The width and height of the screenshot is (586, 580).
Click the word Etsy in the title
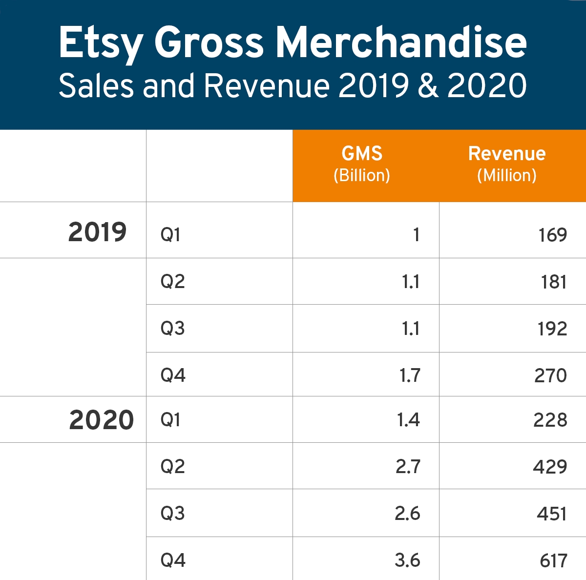point(100,43)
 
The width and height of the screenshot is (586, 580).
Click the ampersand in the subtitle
point(428,86)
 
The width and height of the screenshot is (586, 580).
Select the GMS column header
point(362,154)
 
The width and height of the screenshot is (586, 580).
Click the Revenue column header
point(507,154)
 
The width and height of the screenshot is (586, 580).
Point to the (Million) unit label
point(507,175)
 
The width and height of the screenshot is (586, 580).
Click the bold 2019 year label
point(97,232)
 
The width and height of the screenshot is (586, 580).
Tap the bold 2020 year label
point(101,420)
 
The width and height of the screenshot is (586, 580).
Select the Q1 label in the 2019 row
point(170,235)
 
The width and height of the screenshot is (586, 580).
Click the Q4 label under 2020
point(173,560)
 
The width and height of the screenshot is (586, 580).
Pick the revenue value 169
point(552,235)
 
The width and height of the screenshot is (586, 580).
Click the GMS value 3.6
point(407,560)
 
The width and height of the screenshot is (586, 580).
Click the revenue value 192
point(552,329)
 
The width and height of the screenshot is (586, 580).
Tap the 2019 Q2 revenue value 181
point(554,282)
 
